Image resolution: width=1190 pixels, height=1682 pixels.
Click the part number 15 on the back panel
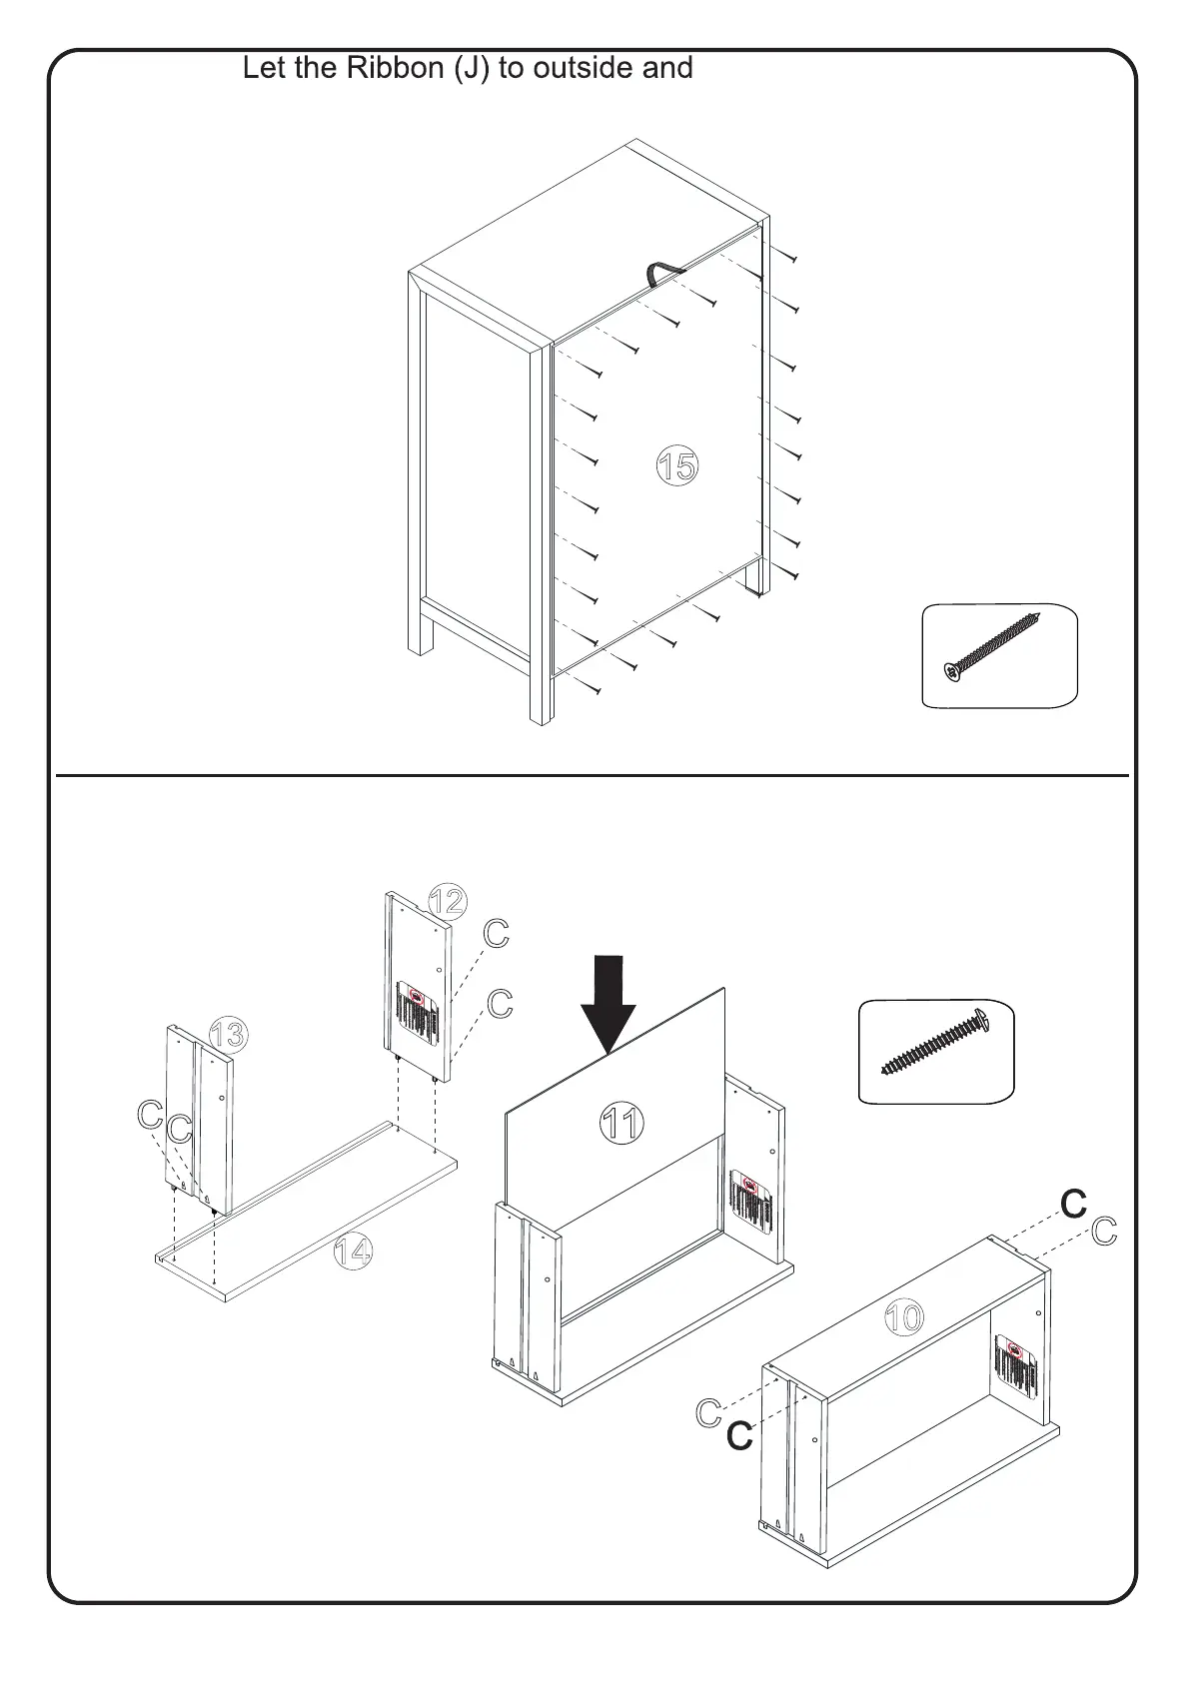[x=677, y=465]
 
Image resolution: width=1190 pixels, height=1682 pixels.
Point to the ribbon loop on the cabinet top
[x=660, y=272]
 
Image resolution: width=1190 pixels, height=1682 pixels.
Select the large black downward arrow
[x=608, y=1002]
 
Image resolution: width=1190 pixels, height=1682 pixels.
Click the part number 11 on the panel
[x=621, y=1125]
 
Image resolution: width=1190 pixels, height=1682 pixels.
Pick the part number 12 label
[x=447, y=901]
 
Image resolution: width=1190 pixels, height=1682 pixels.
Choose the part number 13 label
[x=229, y=1035]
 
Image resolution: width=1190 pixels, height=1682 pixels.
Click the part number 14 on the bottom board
[x=354, y=1251]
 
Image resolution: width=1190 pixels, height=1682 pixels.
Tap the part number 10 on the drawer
[x=904, y=1317]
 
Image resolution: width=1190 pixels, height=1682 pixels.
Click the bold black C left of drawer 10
[x=739, y=1436]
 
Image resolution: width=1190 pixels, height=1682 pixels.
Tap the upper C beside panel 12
[x=497, y=934]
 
